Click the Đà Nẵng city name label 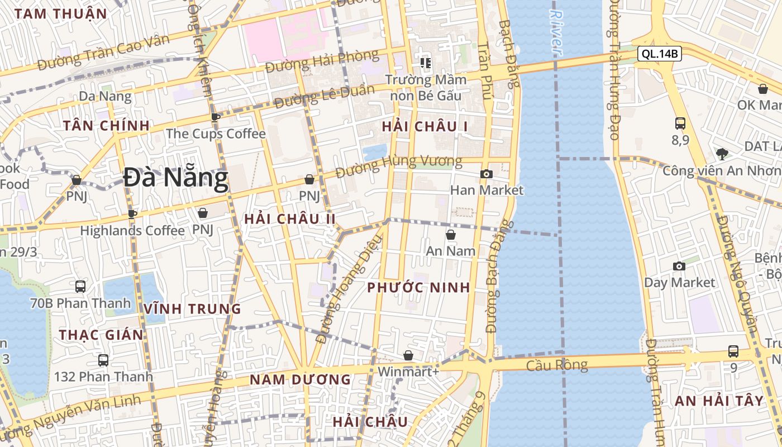point(175,178)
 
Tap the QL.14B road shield point(660,54)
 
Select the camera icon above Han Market point(486,174)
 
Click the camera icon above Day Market point(679,266)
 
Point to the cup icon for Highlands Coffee point(132,214)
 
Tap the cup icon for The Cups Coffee point(215,117)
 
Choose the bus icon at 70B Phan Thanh point(80,287)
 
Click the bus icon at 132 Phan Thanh point(103,360)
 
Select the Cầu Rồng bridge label point(557,365)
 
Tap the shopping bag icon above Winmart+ point(408,355)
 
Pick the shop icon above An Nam point(450,235)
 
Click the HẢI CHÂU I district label point(425,127)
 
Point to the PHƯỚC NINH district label point(418,288)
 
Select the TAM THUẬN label point(61,14)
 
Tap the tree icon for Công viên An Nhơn point(722,154)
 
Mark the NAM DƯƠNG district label point(300,380)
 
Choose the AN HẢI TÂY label point(718,401)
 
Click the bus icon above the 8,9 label point(680,123)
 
